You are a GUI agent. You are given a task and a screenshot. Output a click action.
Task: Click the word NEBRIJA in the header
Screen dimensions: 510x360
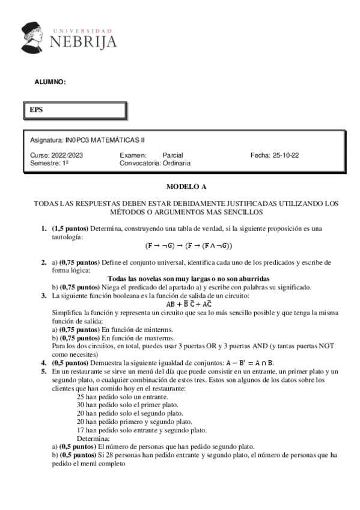click(84, 41)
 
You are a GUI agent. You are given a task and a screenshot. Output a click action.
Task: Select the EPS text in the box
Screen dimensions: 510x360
click(37, 110)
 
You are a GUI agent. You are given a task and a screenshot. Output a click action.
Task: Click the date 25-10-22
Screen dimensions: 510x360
click(285, 155)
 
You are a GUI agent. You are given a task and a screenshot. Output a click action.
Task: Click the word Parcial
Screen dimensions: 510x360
click(173, 155)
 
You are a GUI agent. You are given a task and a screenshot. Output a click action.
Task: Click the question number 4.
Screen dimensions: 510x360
click(43, 363)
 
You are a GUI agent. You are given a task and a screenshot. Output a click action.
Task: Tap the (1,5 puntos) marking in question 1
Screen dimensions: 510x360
click(73, 229)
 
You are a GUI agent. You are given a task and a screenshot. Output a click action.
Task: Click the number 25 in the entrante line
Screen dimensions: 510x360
click(81, 397)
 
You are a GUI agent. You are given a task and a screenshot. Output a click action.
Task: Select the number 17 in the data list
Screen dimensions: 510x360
click(81, 430)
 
